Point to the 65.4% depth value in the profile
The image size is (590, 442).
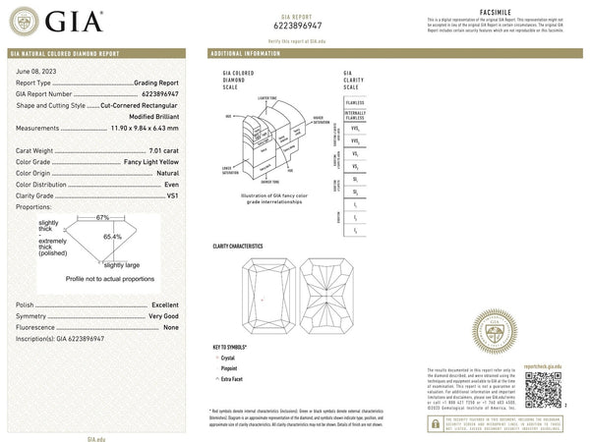(114, 237)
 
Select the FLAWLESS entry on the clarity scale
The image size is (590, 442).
(354, 101)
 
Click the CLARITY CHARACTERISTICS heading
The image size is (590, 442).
(238, 245)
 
